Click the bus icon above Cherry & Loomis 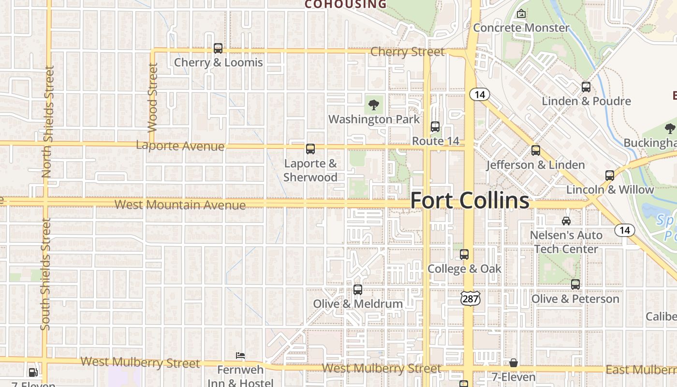(218, 48)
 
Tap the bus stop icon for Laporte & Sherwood (310, 149)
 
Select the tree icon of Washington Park (374, 104)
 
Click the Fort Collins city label (470, 200)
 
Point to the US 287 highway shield (470, 298)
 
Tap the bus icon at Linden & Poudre (586, 87)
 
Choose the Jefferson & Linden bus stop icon (536, 150)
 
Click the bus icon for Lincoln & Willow (610, 176)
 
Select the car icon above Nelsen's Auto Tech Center (566, 221)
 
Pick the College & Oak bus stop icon (464, 254)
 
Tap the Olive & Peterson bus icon (575, 284)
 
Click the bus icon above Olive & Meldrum (358, 290)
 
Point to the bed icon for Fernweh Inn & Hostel (240, 356)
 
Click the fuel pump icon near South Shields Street (33, 372)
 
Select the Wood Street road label (153, 98)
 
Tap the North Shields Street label (47, 122)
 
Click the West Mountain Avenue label (180, 205)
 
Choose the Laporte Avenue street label (180, 146)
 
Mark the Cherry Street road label (407, 52)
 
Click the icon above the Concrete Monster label (521, 14)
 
